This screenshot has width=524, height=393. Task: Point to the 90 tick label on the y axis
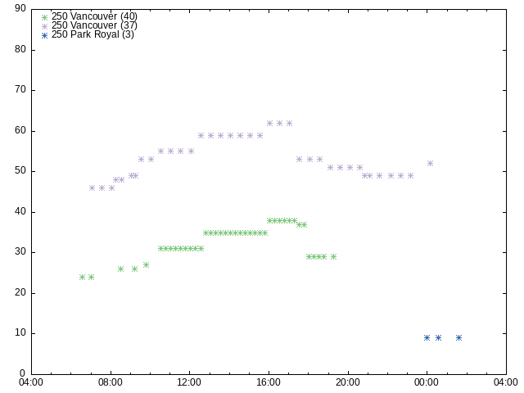(x=20, y=8)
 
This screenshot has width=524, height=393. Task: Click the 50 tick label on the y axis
(x=20, y=171)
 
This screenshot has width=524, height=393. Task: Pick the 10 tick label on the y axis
(x=20, y=333)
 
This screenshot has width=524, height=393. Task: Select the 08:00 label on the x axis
(x=111, y=382)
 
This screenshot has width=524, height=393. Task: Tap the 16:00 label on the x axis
(x=269, y=382)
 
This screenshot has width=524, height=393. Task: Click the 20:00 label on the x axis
(x=348, y=382)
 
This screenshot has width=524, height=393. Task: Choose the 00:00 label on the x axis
(x=427, y=382)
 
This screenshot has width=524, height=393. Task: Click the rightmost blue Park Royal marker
(x=458, y=338)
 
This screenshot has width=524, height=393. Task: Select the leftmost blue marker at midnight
(x=427, y=338)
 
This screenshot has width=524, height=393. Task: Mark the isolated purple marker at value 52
(x=430, y=164)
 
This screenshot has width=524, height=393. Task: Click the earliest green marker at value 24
(x=82, y=277)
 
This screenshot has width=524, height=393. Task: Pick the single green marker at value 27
(x=146, y=265)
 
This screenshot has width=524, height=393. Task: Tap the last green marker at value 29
(x=333, y=256)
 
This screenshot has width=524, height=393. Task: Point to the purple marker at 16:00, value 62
(x=269, y=124)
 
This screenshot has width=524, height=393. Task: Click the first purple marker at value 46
(x=92, y=187)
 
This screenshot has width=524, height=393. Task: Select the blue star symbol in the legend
(x=44, y=35)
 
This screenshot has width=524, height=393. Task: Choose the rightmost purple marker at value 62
(x=289, y=124)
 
